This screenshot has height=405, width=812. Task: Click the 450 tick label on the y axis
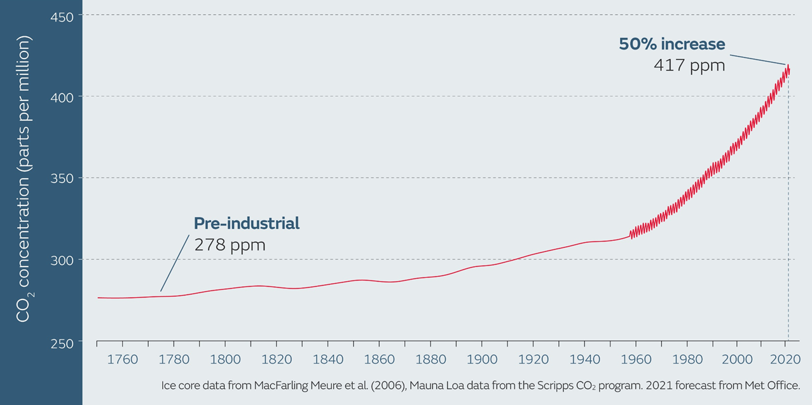click(62, 15)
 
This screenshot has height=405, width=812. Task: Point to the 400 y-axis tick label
click(62, 97)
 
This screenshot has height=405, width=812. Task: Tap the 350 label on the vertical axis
click(62, 178)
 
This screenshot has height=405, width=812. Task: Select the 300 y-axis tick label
click(62, 259)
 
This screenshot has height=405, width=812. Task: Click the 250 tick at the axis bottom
click(62, 341)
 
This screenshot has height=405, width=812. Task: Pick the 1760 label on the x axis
click(123, 359)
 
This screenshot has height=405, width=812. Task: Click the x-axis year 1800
click(225, 359)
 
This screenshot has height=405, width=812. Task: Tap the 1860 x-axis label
click(380, 359)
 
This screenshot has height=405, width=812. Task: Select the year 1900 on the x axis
click(482, 359)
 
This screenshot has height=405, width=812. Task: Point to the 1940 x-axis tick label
click(584, 359)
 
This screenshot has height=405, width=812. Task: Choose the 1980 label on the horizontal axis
click(687, 359)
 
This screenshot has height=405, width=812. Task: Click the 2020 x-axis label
click(788, 359)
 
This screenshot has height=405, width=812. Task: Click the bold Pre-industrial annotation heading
click(247, 224)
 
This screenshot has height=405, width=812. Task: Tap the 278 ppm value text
click(230, 244)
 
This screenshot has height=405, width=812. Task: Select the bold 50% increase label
click(672, 44)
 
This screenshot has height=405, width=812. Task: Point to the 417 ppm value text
click(689, 65)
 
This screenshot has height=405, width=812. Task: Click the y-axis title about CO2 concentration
click(24, 179)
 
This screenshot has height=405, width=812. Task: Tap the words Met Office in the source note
click(769, 386)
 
